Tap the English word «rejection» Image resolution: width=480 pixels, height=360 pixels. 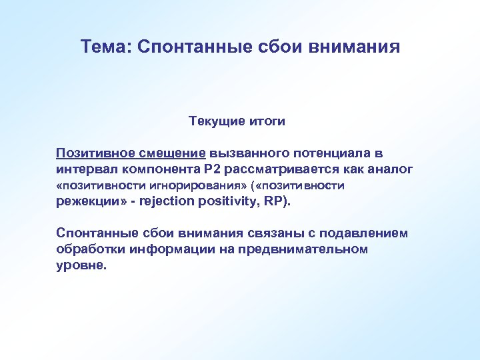point(169,201)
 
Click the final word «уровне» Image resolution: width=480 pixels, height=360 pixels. point(79,265)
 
